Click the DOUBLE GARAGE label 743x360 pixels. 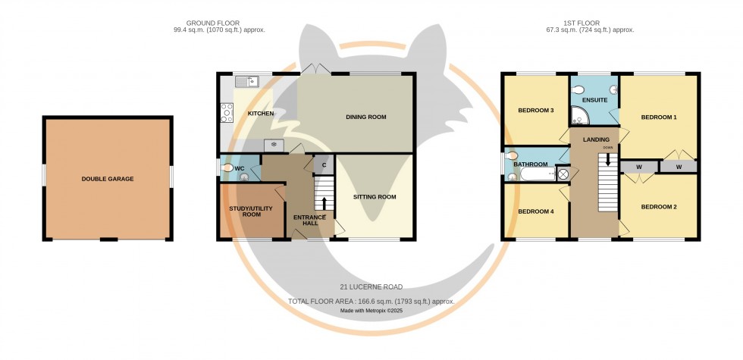[108, 179]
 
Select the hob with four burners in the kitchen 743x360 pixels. [226, 113]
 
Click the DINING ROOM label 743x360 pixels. [365, 117]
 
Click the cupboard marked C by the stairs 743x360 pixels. [323, 164]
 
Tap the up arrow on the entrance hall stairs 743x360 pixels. [324, 202]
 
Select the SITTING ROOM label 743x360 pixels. [375, 197]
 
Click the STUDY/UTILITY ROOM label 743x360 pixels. [250, 211]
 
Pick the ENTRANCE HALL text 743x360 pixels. [309, 221]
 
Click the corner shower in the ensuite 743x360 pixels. [580, 116]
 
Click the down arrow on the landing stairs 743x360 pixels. [607, 159]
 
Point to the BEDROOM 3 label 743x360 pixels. [536, 111]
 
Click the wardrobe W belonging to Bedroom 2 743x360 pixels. [638, 167]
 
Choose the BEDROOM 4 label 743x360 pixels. [536, 211]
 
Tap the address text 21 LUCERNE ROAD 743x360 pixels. [371, 287]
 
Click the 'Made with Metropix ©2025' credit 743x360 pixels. [371, 311]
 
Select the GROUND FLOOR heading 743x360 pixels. [219, 23]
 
